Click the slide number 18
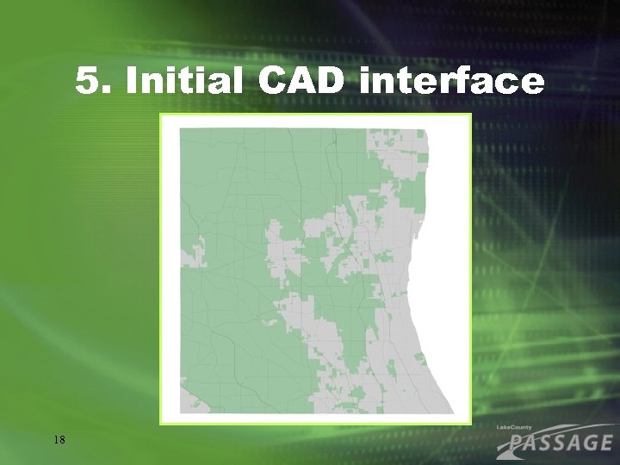(x=59, y=440)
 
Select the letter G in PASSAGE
(x=583, y=443)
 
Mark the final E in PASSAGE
(x=604, y=443)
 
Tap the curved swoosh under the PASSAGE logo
(x=551, y=454)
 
